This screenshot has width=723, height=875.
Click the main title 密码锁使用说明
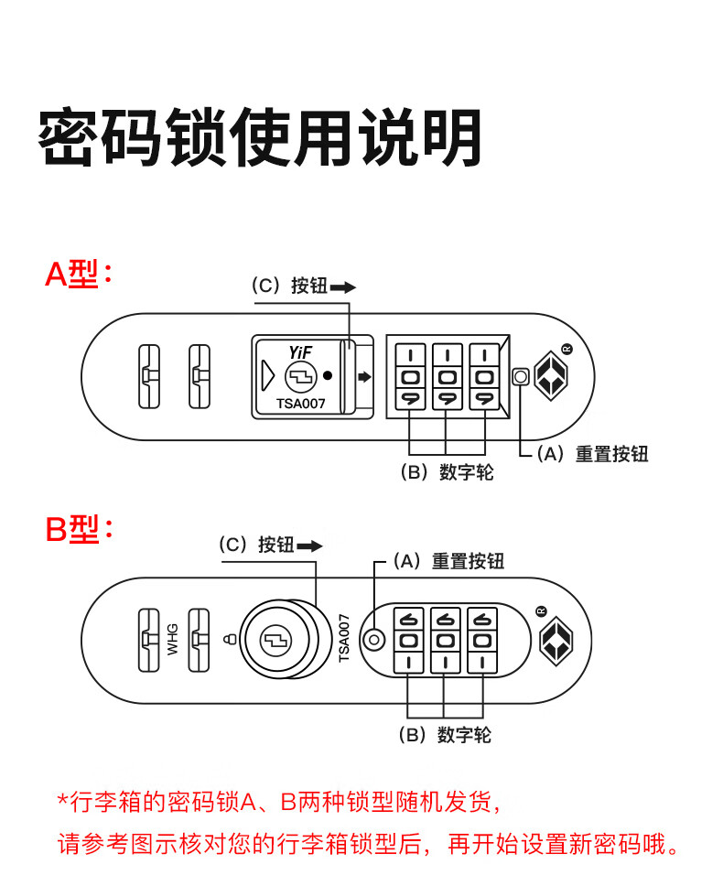[260, 140]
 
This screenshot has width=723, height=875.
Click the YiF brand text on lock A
[300, 351]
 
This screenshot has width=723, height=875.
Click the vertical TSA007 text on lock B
[344, 638]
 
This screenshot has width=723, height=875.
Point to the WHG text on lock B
[173, 638]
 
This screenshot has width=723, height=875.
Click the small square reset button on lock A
[521, 376]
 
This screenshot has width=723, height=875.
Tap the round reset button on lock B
[373, 640]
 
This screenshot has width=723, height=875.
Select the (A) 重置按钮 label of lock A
[591, 454]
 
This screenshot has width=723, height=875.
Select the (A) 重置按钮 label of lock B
[448, 561]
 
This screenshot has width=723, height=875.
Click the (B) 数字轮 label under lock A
[447, 472]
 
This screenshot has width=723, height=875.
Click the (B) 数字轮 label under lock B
[445, 735]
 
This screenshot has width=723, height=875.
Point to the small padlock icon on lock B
[229, 639]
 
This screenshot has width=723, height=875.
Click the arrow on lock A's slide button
[365, 376]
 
